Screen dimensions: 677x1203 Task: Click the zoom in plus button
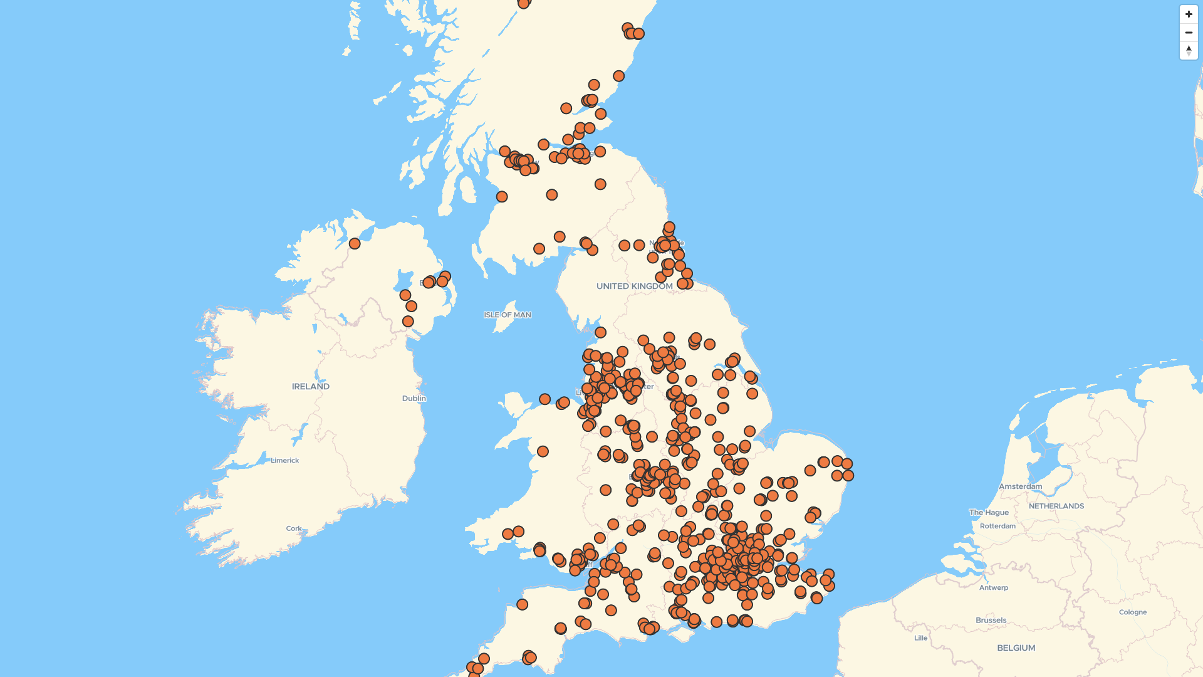click(1189, 14)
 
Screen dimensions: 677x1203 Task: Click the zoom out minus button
click(1189, 33)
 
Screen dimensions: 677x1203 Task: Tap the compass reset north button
click(1189, 51)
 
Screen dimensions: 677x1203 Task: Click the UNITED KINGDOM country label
click(634, 286)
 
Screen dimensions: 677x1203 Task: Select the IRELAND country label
click(310, 387)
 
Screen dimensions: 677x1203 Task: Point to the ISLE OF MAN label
click(507, 315)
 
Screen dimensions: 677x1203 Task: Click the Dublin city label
click(414, 399)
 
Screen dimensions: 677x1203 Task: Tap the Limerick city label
click(284, 461)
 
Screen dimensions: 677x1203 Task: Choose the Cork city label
click(293, 529)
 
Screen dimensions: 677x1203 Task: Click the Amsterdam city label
click(1020, 486)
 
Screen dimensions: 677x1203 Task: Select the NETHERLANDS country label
click(1056, 506)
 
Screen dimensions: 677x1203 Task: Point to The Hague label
click(989, 513)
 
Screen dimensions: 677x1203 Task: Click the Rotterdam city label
click(997, 527)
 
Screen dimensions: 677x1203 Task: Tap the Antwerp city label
click(993, 588)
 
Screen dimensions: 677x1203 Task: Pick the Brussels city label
click(991, 621)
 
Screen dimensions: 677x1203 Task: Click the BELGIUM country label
click(1016, 648)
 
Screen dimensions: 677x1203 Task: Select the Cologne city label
click(1132, 612)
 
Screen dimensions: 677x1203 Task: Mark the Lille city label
click(920, 639)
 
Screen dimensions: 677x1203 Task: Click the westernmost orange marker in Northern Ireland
click(355, 244)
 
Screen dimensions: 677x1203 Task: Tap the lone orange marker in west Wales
click(543, 452)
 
